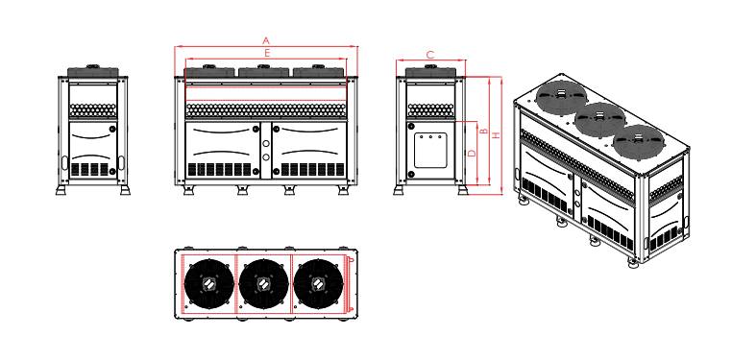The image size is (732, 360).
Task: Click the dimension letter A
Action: tap(266, 40)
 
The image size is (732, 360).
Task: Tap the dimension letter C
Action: tap(429, 55)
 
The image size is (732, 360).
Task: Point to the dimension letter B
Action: tap(484, 131)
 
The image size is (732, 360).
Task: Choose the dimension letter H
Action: tap(496, 135)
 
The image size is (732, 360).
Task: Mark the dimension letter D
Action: tap(472, 153)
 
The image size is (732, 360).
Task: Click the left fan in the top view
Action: tap(208, 285)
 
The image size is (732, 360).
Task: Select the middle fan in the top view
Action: tap(263, 285)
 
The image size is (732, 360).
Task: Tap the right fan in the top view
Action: tap(318, 285)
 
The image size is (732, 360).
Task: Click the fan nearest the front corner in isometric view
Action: tap(638, 143)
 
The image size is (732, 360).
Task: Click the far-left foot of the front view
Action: tap(189, 189)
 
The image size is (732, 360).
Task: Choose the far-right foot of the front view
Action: tap(343, 189)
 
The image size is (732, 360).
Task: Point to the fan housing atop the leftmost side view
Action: tap(94, 72)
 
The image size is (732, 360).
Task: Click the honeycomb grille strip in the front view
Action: tap(266, 109)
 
